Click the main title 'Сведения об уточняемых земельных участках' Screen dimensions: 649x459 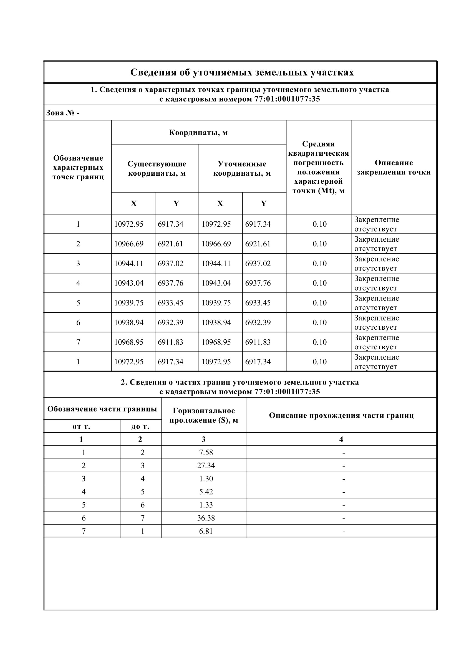coord(242,72)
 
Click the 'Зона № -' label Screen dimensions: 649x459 coord(63,113)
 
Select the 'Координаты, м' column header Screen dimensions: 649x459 coord(198,132)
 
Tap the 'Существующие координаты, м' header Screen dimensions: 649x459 coord(157,168)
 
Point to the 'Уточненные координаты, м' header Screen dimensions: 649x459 coord(242,168)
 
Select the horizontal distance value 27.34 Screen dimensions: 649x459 coord(206,465)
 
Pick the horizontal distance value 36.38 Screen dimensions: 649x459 coord(206,518)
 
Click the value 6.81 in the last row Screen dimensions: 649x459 coord(206,531)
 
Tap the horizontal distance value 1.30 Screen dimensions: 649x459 coord(206,479)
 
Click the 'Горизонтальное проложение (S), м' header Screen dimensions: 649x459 coord(204,415)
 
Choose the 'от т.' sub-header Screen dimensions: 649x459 coord(81,426)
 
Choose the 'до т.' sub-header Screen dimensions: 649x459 coord(140,426)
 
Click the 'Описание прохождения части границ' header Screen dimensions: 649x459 coord(341,415)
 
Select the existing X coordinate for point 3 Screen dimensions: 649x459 coord(128,263)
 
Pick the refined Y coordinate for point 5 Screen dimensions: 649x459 coord(258,303)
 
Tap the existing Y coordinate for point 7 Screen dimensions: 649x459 coord(170,342)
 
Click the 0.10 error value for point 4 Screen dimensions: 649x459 coord(319,283)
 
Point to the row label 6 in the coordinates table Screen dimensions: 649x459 coord(78,322)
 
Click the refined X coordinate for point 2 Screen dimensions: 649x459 coord(216,244)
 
